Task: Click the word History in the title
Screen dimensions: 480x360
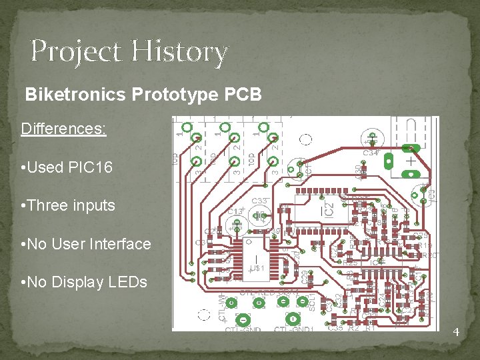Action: [x=180, y=52]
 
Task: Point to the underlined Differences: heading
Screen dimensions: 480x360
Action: [x=63, y=128]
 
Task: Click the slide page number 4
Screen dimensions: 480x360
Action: [x=456, y=332]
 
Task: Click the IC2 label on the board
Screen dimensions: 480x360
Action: [x=329, y=208]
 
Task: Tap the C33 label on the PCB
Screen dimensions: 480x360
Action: [x=260, y=201]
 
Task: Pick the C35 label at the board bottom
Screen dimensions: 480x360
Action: [x=335, y=327]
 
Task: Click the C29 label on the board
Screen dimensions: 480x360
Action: [x=304, y=277]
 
